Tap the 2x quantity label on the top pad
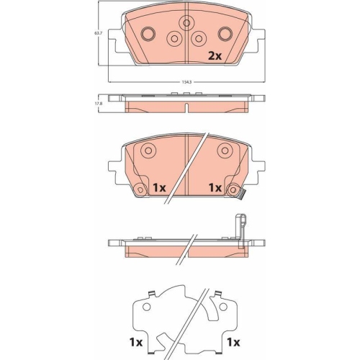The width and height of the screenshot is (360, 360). pos(215,55)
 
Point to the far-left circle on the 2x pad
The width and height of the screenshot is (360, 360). pos(150,33)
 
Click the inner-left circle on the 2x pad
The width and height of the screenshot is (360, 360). pos(173,40)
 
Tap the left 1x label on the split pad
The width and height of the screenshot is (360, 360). pos(159,187)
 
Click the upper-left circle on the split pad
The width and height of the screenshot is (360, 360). pos(148,151)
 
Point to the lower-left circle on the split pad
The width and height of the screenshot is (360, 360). pos(138,189)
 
